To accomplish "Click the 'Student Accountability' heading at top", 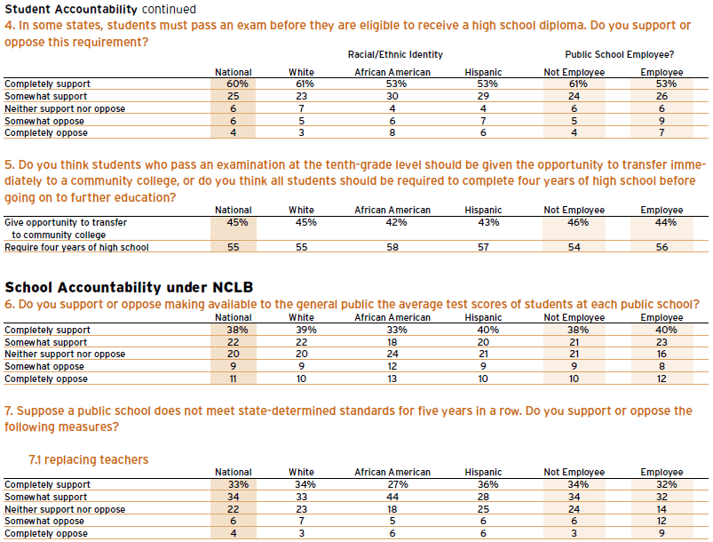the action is point(71,9).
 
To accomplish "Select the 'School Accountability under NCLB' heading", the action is point(129,288).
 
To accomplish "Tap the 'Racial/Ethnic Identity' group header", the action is point(395,54).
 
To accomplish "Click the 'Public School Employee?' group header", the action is point(620,54).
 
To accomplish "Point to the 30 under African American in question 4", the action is point(392,96).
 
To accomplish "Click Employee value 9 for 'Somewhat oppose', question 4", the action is point(662,121).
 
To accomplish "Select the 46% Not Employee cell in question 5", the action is point(578,222).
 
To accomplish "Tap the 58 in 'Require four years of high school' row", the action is point(392,247).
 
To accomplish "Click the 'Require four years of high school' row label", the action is point(76,247).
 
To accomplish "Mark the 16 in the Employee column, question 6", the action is point(662,354).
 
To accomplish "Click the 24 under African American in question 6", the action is point(392,354).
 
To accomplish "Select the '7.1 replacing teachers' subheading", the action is point(88,459).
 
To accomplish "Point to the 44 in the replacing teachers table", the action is point(392,497).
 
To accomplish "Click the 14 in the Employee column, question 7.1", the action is point(662,509).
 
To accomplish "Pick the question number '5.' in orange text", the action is point(10,164).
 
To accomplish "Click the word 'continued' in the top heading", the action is point(169,9).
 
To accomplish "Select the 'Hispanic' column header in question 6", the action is point(483,317).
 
